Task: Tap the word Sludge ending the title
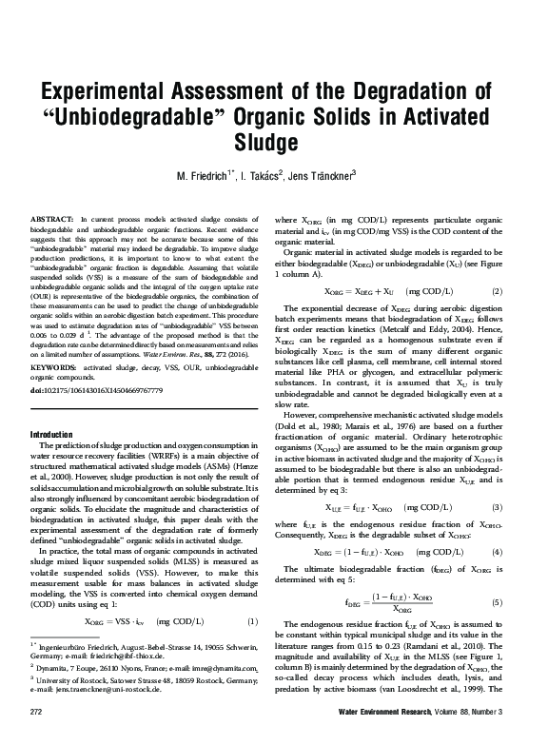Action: click(x=273, y=143)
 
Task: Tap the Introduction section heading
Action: click(x=59, y=434)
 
